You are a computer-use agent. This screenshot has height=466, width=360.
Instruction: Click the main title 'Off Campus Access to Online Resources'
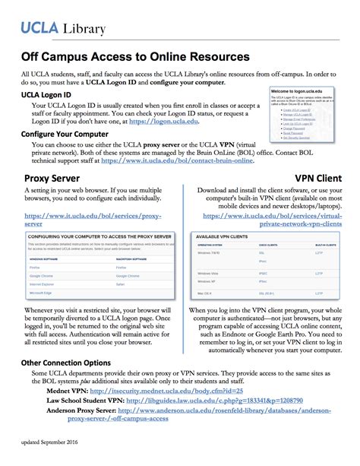tap(134, 57)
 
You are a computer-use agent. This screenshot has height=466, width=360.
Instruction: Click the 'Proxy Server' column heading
tap(53, 179)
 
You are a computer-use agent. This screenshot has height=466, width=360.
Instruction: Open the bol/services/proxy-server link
tap(92, 221)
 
